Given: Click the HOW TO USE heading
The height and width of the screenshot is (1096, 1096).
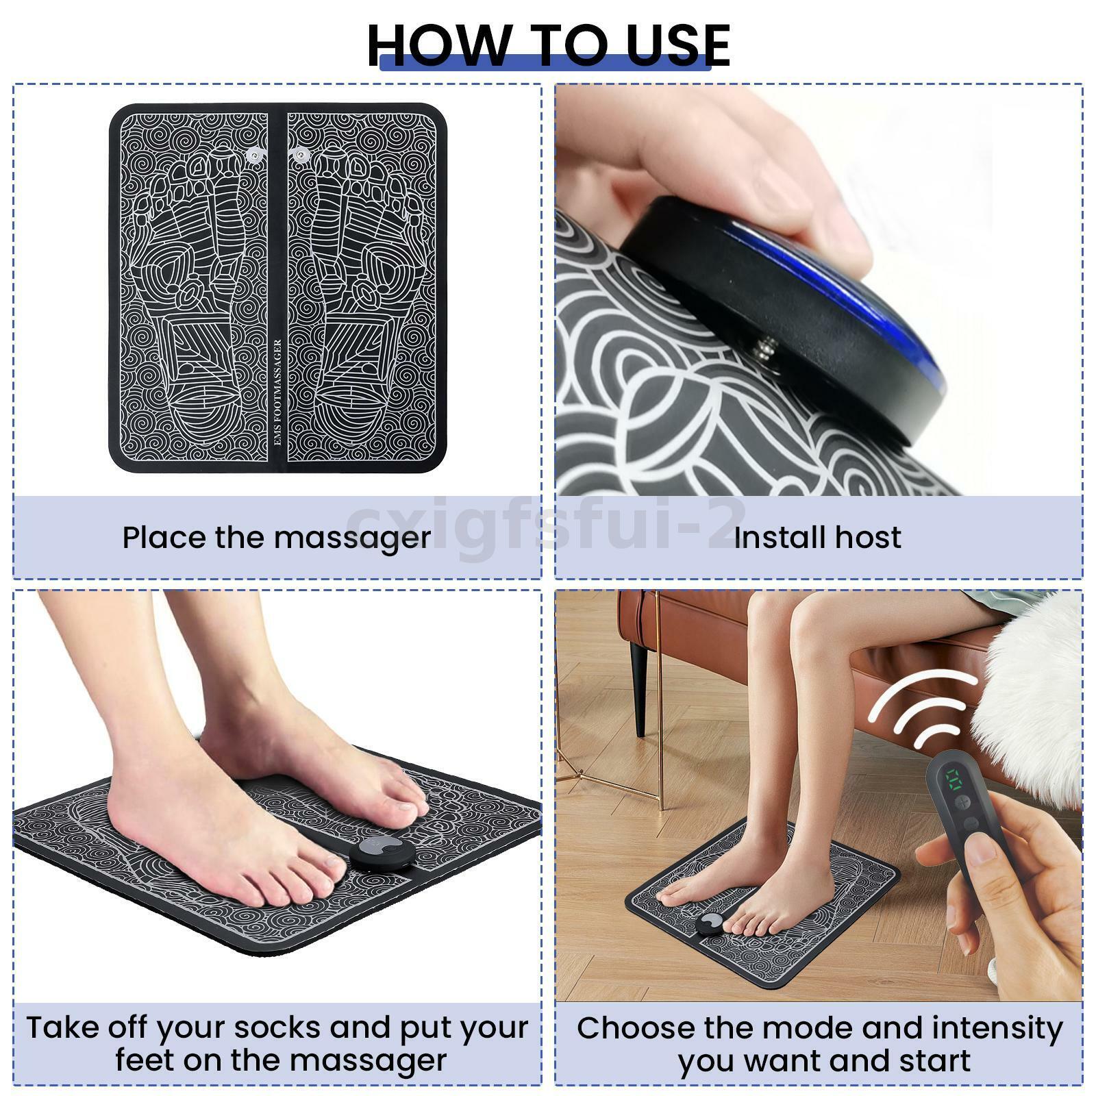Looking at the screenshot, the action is [x=548, y=45].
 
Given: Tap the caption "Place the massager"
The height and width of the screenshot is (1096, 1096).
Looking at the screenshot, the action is [x=277, y=538].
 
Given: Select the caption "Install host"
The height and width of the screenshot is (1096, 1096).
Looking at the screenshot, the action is [x=817, y=538].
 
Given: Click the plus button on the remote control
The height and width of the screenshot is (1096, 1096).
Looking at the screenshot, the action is [x=964, y=801].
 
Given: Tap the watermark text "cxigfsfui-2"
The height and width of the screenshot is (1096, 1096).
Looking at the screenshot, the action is [x=548, y=525].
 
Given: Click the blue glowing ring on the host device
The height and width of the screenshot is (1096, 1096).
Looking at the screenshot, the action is [x=856, y=288].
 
